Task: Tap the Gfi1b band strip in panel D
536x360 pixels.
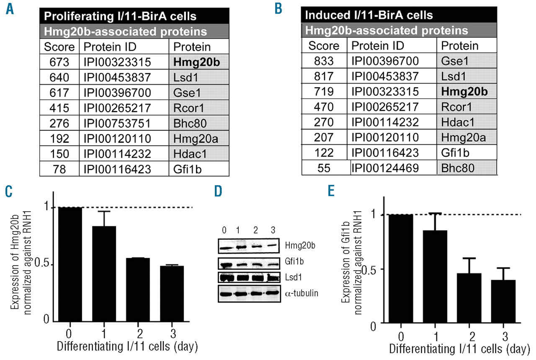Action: (x=247, y=264)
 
